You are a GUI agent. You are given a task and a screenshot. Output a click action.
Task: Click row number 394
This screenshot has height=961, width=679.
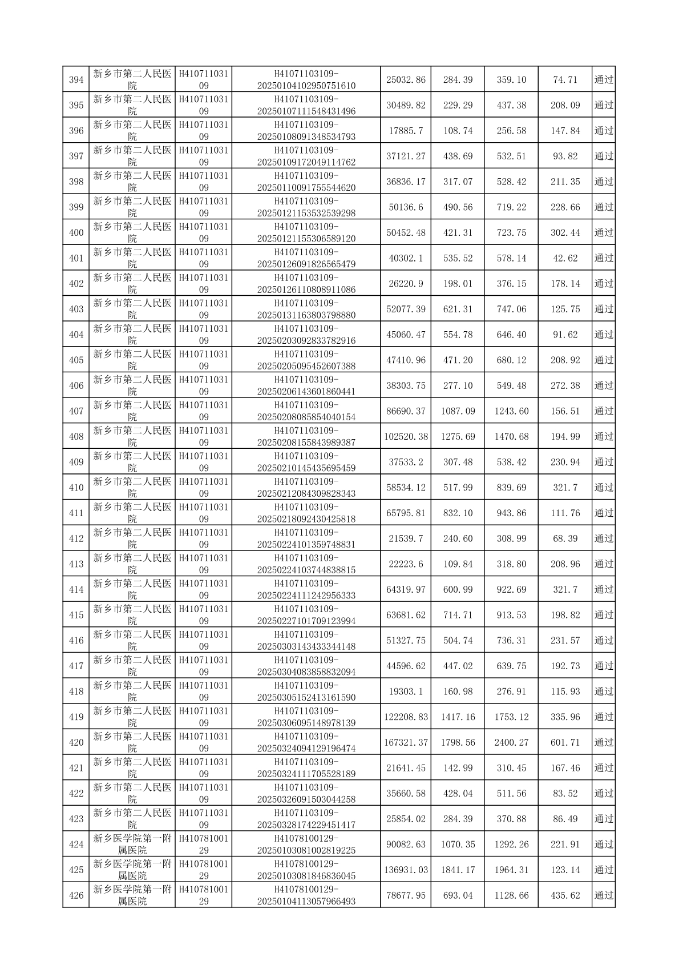click(x=76, y=80)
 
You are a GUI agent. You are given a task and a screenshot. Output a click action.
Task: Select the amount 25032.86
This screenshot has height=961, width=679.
click(x=406, y=80)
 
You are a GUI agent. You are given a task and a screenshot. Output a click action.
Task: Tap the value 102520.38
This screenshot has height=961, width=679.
click(x=406, y=437)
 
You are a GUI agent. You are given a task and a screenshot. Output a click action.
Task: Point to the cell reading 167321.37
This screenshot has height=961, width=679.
click(x=406, y=742)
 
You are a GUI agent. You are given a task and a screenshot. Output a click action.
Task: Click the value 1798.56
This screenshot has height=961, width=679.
click(x=458, y=742)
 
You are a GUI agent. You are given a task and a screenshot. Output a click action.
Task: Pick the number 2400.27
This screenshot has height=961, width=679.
click(x=511, y=742)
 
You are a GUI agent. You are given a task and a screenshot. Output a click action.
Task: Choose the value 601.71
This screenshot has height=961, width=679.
click(x=565, y=742)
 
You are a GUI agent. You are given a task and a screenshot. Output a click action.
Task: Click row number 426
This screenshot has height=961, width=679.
click(x=76, y=895)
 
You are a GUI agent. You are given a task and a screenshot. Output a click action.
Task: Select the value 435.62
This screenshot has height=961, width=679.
click(x=565, y=895)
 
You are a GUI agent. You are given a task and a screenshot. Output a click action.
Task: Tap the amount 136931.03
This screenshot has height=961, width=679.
click(x=406, y=870)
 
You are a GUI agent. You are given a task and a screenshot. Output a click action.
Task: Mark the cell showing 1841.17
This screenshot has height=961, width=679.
click(x=458, y=870)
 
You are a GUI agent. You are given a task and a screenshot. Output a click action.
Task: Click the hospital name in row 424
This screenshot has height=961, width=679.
click(x=132, y=845)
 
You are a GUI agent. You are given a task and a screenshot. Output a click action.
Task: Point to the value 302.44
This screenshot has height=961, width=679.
click(x=565, y=233)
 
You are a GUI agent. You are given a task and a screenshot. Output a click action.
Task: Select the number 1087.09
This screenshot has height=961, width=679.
click(x=458, y=411)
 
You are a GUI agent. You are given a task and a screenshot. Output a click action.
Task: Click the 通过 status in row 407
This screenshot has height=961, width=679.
click(x=604, y=411)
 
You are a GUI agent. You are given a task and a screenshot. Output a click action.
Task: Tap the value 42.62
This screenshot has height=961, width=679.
click(x=565, y=258)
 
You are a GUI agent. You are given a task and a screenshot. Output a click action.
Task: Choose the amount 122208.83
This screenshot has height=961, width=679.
click(x=406, y=717)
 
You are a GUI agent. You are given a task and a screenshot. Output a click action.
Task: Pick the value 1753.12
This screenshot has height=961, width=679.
click(x=511, y=717)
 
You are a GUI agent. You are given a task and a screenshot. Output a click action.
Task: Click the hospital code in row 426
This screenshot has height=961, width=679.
click(x=204, y=895)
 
